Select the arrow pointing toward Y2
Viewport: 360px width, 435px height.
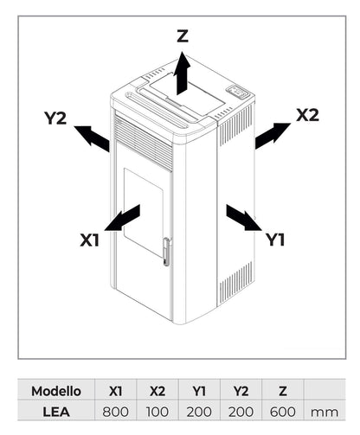point(92,138)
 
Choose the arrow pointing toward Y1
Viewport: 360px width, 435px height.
point(242,218)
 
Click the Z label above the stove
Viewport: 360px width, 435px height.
point(182,36)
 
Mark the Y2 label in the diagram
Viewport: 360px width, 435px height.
point(55,118)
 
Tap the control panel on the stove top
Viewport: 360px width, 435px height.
point(236,91)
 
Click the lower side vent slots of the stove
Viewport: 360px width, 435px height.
point(235,285)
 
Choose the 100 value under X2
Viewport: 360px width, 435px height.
point(157,413)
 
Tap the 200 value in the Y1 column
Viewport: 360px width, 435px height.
point(199,413)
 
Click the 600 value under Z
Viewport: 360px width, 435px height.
point(283,413)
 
